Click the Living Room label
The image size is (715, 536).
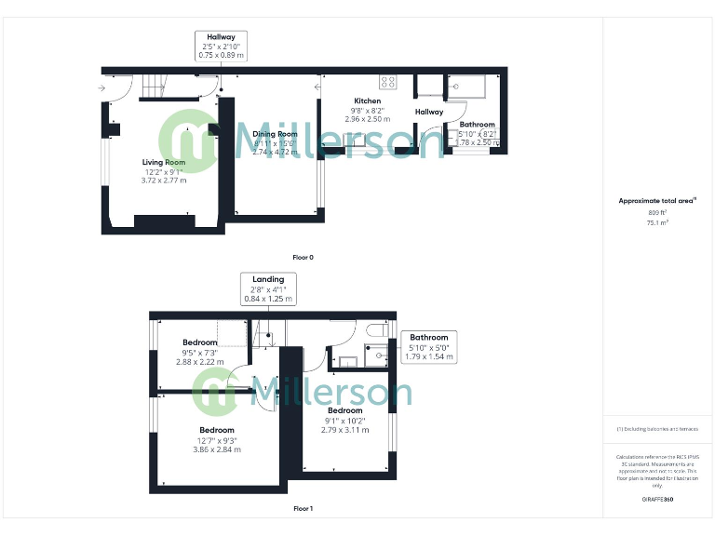click(163, 162)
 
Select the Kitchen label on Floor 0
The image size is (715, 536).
click(367, 100)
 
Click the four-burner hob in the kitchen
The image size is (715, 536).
click(388, 82)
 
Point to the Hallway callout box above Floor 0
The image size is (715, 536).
click(221, 46)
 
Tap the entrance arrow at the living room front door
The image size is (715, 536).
click(101, 89)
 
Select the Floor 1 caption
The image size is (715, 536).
click(303, 509)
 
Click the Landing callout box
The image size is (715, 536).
click(268, 288)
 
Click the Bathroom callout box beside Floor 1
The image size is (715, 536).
click(428, 346)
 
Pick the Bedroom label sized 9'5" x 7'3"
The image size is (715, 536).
click(200, 342)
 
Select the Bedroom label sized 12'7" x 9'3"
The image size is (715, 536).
click(216, 430)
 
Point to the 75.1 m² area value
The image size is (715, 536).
click(658, 222)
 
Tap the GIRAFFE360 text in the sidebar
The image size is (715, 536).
click(658, 500)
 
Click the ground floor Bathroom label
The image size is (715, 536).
click(477, 125)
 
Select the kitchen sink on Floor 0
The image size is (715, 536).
click(357, 141)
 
